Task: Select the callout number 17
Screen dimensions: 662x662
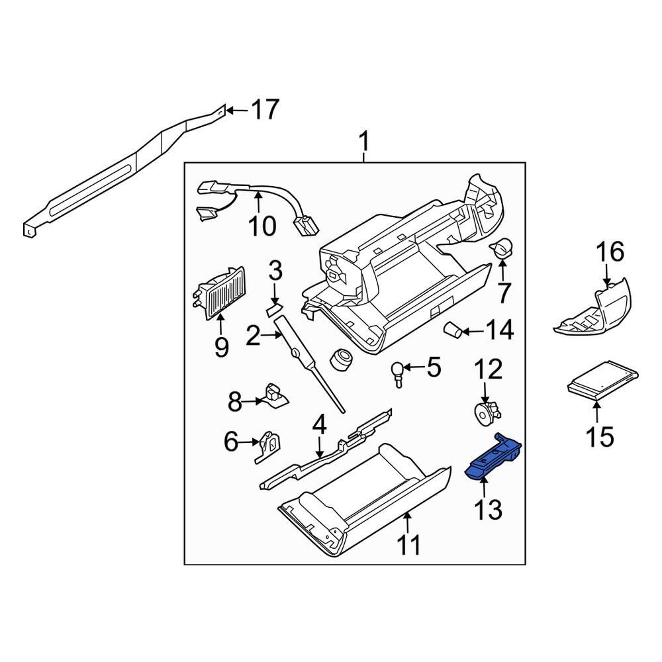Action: (264, 110)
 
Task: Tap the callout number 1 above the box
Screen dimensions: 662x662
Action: (363, 141)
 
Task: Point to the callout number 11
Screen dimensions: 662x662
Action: (408, 545)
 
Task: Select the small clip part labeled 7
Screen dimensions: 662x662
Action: (502, 248)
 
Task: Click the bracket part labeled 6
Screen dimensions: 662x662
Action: (269, 444)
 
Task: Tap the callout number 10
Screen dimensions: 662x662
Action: (261, 226)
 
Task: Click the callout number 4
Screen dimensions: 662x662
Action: (319, 424)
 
